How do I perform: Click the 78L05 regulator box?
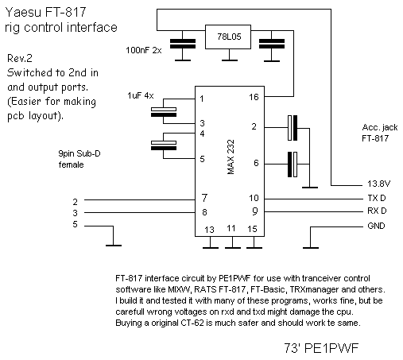[228, 37]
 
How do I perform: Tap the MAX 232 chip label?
[231, 157]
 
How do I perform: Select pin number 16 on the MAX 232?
[254, 97]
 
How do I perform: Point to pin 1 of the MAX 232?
[202, 99]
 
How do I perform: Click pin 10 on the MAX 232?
[254, 198]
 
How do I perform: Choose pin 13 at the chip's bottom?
[209, 230]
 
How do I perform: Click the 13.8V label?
[378, 184]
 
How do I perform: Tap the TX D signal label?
[377, 198]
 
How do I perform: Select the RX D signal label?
[377, 211]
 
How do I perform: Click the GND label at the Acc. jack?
[376, 226]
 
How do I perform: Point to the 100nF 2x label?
[144, 50]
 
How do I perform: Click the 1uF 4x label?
[141, 95]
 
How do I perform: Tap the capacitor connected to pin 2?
[293, 128]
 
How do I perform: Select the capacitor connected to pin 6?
[293, 165]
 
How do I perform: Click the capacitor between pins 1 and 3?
[164, 112]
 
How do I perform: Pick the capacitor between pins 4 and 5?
[164, 145]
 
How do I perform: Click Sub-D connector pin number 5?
[75, 224]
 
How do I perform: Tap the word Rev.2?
[20, 58]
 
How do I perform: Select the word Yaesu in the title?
[23, 12]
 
